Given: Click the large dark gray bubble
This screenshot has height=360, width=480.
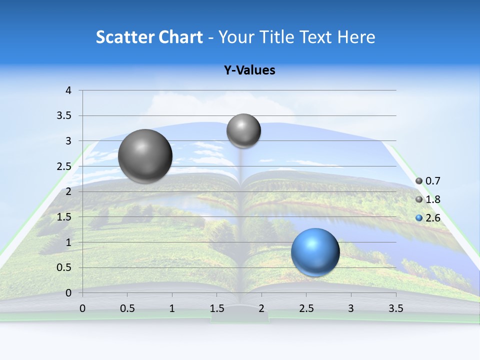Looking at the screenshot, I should click(x=145, y=156).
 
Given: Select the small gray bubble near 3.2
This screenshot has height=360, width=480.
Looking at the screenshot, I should click(x=243, y=130).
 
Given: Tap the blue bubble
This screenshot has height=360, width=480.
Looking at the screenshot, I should click(x=315, y=252).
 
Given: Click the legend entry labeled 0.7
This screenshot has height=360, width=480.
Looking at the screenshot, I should click(x=432, y=180).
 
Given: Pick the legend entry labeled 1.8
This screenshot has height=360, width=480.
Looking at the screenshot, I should click(x=432, y=199).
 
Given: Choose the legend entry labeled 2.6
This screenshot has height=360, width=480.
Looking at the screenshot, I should click(x=432, y=217).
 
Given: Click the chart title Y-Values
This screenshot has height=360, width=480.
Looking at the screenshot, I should click(x=249, y=70).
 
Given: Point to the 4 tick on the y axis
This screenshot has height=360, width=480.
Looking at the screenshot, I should click(x=68, y=90).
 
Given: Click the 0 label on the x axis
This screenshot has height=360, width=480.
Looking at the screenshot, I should click(x=82, y=308).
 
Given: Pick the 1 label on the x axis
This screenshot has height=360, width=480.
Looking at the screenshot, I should click(x=172, y=308).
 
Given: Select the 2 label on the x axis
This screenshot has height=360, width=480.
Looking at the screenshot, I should click(x=261, y=308).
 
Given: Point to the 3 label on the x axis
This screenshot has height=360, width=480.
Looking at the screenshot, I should click(x=351, y=308).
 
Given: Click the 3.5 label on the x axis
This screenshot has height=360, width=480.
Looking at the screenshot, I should click(x=395, y=308).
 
